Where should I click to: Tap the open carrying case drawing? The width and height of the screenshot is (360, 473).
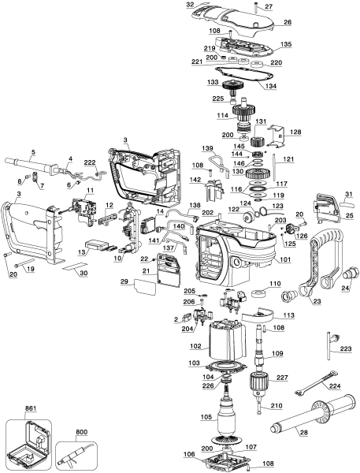tap(29, 440)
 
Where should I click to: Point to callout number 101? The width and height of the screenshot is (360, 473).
tap(284, 259)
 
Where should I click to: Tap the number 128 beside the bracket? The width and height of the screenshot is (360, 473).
tap(296, 132)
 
